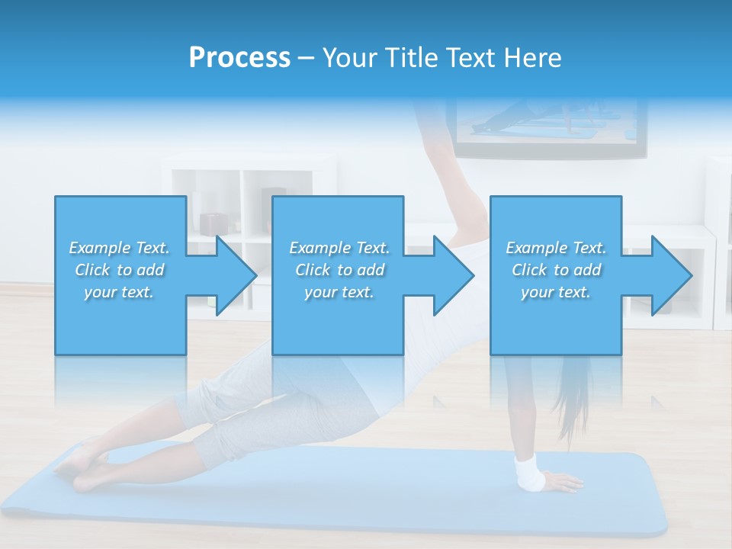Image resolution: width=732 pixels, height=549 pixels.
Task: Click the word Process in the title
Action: tap(239, 58)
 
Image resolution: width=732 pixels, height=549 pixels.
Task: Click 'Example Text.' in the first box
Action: tap(120, 248)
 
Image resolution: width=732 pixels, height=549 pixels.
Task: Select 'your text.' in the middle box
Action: tap(339, 292)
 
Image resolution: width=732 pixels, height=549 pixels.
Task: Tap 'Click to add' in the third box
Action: tap(556, 270)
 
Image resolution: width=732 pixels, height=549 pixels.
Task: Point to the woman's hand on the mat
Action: tap(563, 482)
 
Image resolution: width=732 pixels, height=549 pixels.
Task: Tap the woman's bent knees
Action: tap(194, 435)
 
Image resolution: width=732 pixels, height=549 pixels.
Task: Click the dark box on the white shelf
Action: tap(213, 223)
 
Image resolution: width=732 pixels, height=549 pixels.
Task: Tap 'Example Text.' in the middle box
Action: tap(339, 248)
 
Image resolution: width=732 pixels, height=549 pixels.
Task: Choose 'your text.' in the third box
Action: tap(556, 292)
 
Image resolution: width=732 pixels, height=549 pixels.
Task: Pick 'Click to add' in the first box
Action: tap(120, 270)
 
